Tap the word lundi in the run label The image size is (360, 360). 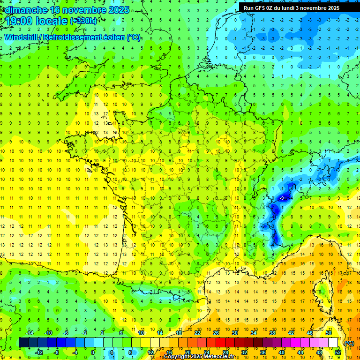coord(296,7)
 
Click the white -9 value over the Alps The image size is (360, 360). coord(281,199)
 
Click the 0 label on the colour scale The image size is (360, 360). coord(93,352)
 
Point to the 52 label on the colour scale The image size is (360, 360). coord(338,352)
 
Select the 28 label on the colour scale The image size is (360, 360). coord(225,352)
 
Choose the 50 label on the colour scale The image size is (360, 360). coord(329,333)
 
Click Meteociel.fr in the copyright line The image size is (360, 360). coord(222,357)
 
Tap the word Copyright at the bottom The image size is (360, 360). coord(178,357)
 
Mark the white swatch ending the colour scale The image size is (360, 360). coord(333,343)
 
